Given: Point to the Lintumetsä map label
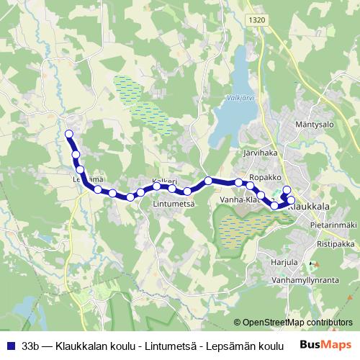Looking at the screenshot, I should point(174,204).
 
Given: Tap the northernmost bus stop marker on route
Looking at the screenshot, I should point(69,134).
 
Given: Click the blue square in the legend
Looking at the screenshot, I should point(10,346).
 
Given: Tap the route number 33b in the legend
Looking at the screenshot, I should point(31,346).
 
